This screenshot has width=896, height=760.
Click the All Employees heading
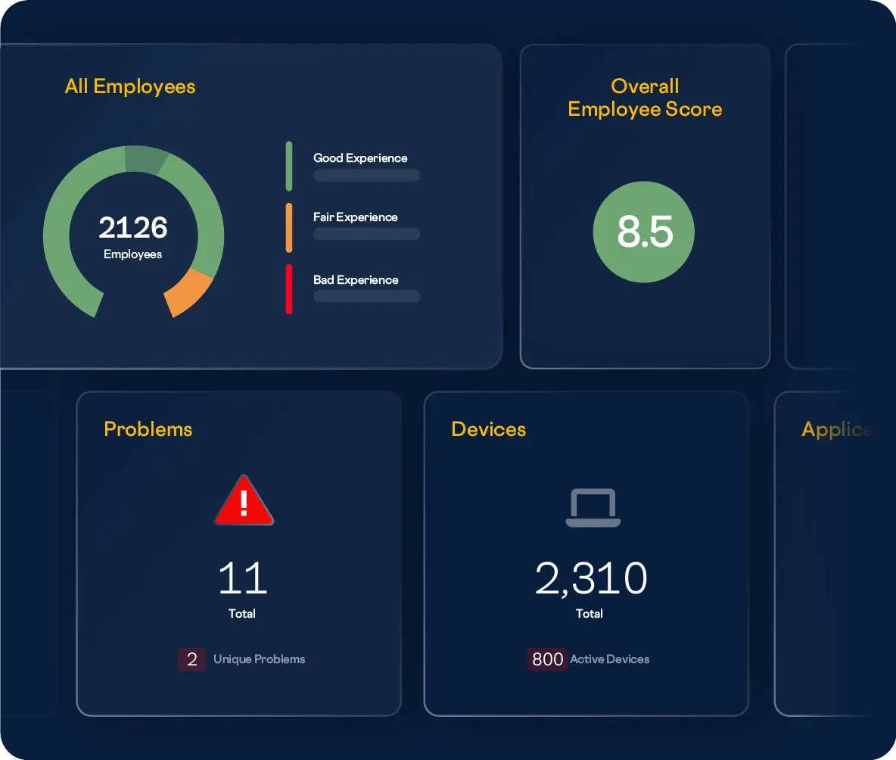(x=130, y=86)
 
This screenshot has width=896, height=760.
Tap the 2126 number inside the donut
(x=133, y=228)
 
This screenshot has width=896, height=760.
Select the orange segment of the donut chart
(x=188, y=293)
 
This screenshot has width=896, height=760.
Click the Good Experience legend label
(x=360, y=158)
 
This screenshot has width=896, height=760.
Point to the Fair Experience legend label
(x=355, y=217)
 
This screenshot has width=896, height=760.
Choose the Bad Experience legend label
(x=356, y=280)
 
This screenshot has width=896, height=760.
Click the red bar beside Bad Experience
(x=289, y=289)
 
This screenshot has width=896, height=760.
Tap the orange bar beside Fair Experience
(x=289, y=227)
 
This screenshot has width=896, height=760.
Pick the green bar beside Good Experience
(x=289, y=166)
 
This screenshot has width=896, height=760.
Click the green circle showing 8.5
(x=644, y=232)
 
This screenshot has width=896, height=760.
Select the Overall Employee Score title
(x=645, y=98)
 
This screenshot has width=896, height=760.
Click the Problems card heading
(x=148, y=429)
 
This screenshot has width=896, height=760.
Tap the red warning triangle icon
(x=244, y=502)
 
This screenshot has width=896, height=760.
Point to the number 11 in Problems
(x=242, y=579)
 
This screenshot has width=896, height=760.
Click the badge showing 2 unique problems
(x=191, y=659)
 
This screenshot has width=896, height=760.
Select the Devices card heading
(x=489, y=429)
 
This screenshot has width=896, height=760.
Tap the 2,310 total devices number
(x=591, y=579)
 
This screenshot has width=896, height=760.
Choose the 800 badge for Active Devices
(x=547, y=659)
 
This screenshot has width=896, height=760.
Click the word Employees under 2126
(x=133, y=254)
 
